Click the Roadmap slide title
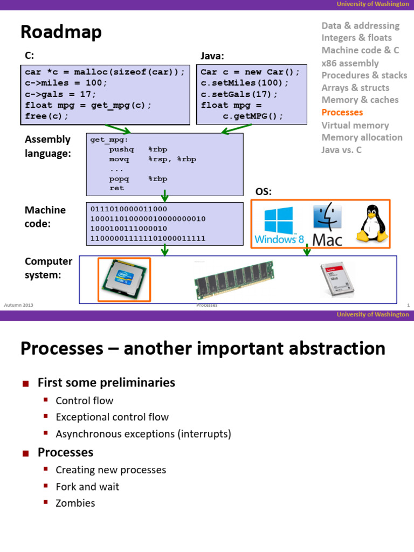pyautogui.click(x=61, y=33)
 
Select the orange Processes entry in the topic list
pyautogui.click(x=342, y=113)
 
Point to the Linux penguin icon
pyautogui.click(x=370, y=223)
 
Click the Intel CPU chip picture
pyautogui.click(x=124, y=279)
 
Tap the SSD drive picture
pyautogui.click(x=337, y=280)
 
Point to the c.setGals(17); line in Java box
pyautogui.click(x=239, y=94)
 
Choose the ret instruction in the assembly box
pyautogui.click(x=116, y=188)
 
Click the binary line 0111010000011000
pyautogui.click(x=129, y=209)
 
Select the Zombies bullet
pyautogui.click(x=75, y=503)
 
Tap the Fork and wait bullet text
pyautogui.click(x=87, y=487)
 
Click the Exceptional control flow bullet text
pyautogui.click(x=112, y=417)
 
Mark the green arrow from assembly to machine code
pyautogui.click(x=165, y=195)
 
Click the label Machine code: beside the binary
pyautogui.click(x=45, y=216)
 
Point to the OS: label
pyautogui.click(x=263, y=192)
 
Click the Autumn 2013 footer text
pyautogui.click(x=19, y=306)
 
